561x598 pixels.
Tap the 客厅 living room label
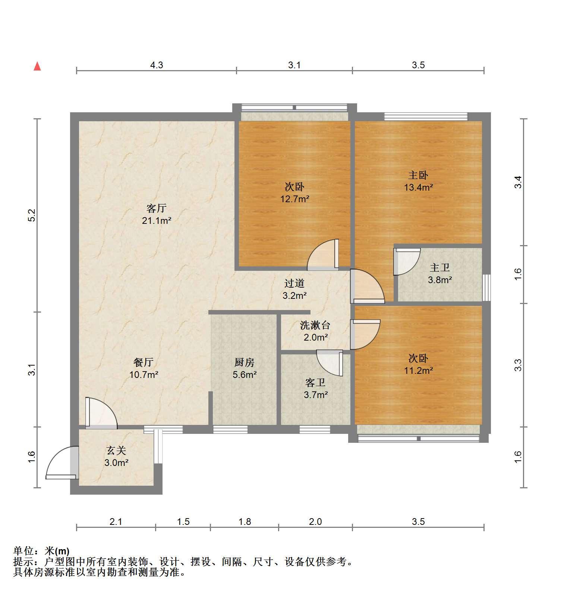156,208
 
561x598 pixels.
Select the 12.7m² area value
295,198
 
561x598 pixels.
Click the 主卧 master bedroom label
418,175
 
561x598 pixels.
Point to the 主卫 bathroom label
440,267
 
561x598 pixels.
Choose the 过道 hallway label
294,284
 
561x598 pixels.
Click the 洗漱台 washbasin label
315,325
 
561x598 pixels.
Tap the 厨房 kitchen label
245,362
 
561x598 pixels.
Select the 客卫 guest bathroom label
315,382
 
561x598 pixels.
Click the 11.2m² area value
419,370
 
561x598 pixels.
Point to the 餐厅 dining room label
144,362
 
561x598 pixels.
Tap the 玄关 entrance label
116,451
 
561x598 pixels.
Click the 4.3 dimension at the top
157,65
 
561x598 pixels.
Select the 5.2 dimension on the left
32,216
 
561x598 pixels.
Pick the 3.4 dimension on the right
518,182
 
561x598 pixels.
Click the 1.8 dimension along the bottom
245,522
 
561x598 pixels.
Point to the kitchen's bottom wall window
230,430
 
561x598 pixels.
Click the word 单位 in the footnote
25,551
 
